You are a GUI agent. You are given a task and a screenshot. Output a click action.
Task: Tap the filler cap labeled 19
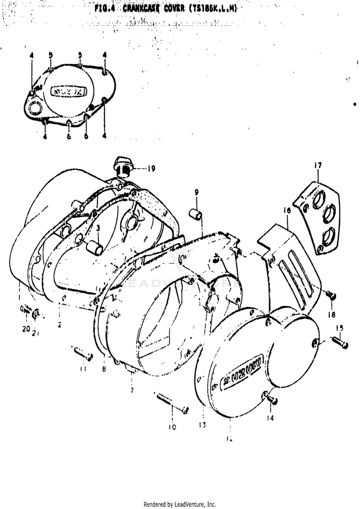click(123, 168)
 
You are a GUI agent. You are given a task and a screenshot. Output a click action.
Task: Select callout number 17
click(318, 166)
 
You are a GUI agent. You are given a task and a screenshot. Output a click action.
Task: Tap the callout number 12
click(230, 438)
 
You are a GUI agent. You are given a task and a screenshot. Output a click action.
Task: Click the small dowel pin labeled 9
click(196, 212)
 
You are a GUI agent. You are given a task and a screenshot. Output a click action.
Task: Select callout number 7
click(132, 390)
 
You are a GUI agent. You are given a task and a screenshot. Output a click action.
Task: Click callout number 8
click(104, 369)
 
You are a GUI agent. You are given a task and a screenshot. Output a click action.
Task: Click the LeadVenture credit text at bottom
click(180, 504)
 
